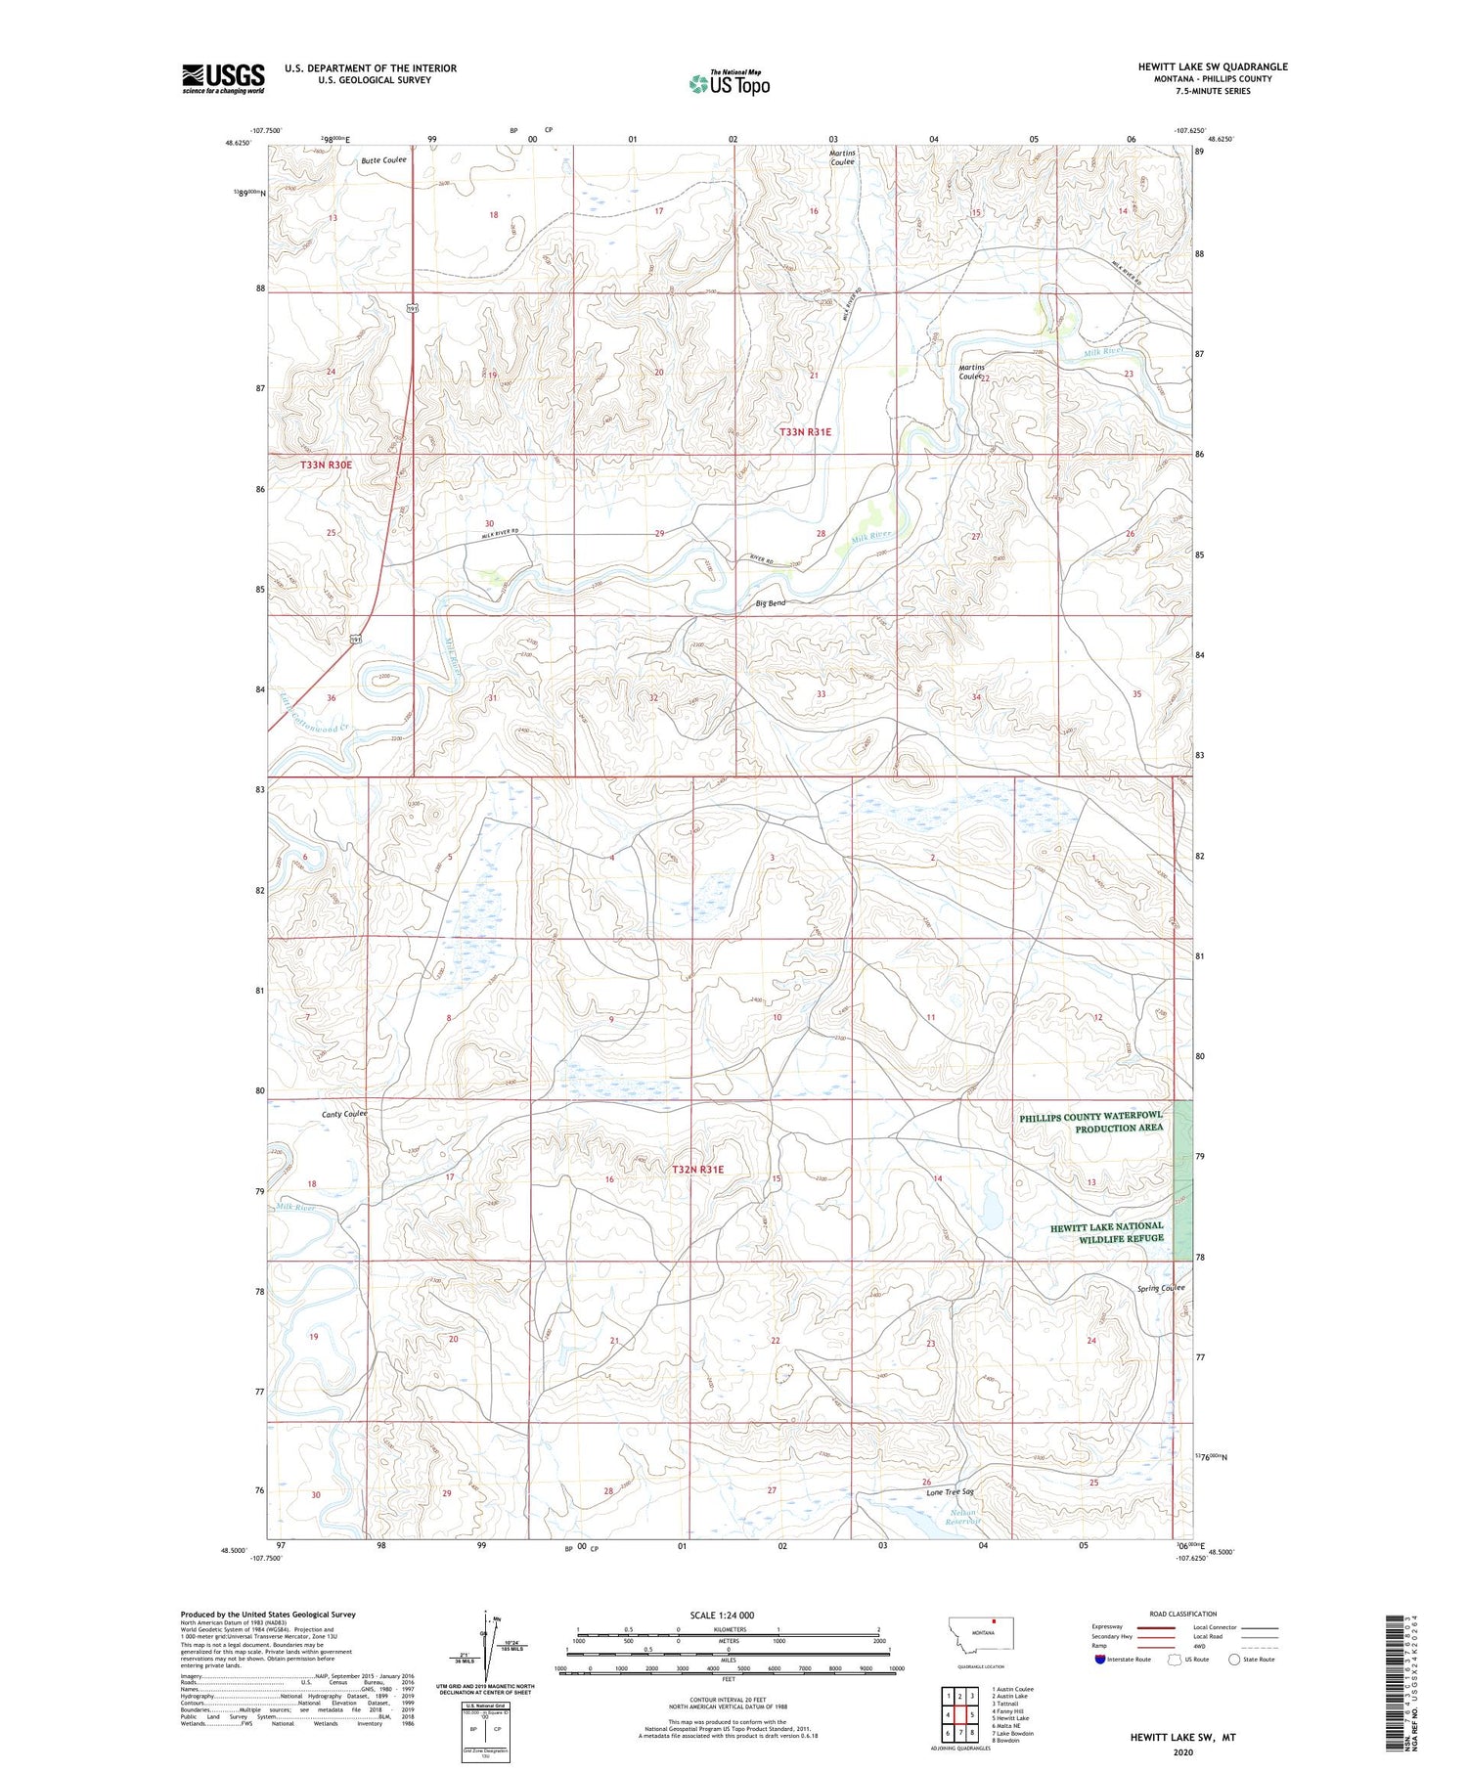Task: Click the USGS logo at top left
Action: (x=223, y=78)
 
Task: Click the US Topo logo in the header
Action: (x=729, y=84)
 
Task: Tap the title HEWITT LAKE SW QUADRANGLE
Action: (x=1212, y=66)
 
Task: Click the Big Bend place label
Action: (x=770, y=603)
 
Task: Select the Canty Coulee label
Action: (x=344, y=1114)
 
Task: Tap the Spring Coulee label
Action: (x=1160, y=1288)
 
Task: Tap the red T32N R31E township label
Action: (x=697, y=1170)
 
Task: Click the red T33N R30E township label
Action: (x=326, y=465)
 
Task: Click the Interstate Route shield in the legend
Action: (x=1099, y=1659)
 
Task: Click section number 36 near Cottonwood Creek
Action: (x=332, y=697)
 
